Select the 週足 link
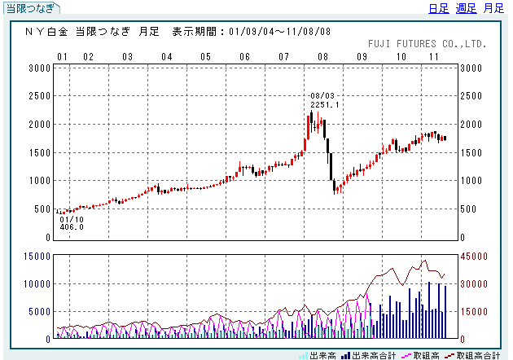click(466, 9)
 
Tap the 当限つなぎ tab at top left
click(31, 9)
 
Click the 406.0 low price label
click(72, 226)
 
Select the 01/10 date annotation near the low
click(72, 218)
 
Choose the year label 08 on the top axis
click(322, 57)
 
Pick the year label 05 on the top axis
click(205, 57)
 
